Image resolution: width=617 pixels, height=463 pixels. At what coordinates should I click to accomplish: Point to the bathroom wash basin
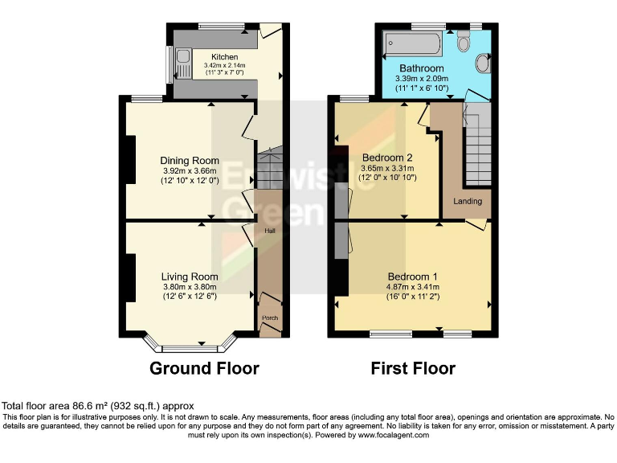[x=482, y=62]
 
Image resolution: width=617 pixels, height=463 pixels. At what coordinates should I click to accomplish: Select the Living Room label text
[x=189, y=277]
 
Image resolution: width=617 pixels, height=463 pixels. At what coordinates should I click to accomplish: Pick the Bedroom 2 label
[x=387, y=157]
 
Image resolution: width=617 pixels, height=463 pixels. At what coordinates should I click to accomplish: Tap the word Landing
[x=468, y=200]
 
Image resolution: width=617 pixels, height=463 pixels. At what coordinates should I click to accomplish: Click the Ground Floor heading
[x=204, y=369]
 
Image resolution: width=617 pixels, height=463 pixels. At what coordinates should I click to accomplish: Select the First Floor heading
[x=412, y=369]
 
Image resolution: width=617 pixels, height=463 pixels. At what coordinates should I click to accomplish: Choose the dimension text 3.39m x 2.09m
[x=421, y=79]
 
